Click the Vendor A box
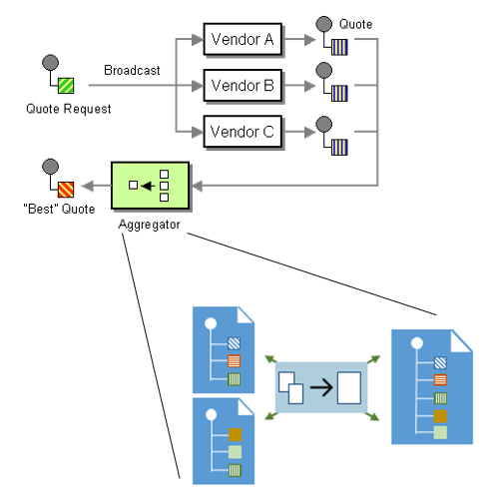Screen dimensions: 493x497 243,39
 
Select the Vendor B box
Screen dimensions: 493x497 243,85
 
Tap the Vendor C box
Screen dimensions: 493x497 243,132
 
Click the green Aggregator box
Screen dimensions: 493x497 150,186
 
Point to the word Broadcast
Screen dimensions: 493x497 132,71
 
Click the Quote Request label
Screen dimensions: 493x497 69,109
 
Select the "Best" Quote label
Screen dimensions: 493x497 59,209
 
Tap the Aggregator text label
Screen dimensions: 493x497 149,225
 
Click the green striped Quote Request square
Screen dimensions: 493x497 66,86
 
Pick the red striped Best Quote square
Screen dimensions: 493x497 66,190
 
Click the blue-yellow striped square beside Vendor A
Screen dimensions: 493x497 339,47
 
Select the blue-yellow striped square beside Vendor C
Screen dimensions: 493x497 339,148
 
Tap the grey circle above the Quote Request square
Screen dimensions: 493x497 51,63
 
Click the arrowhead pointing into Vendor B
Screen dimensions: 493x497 198,86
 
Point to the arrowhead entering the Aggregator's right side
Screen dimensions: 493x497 197,186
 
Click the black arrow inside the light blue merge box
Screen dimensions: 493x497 321,387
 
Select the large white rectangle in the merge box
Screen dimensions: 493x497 349,387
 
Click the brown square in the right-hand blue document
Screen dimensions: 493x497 440,416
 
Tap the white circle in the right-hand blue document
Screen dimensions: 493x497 417,343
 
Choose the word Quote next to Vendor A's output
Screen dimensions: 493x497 355,24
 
